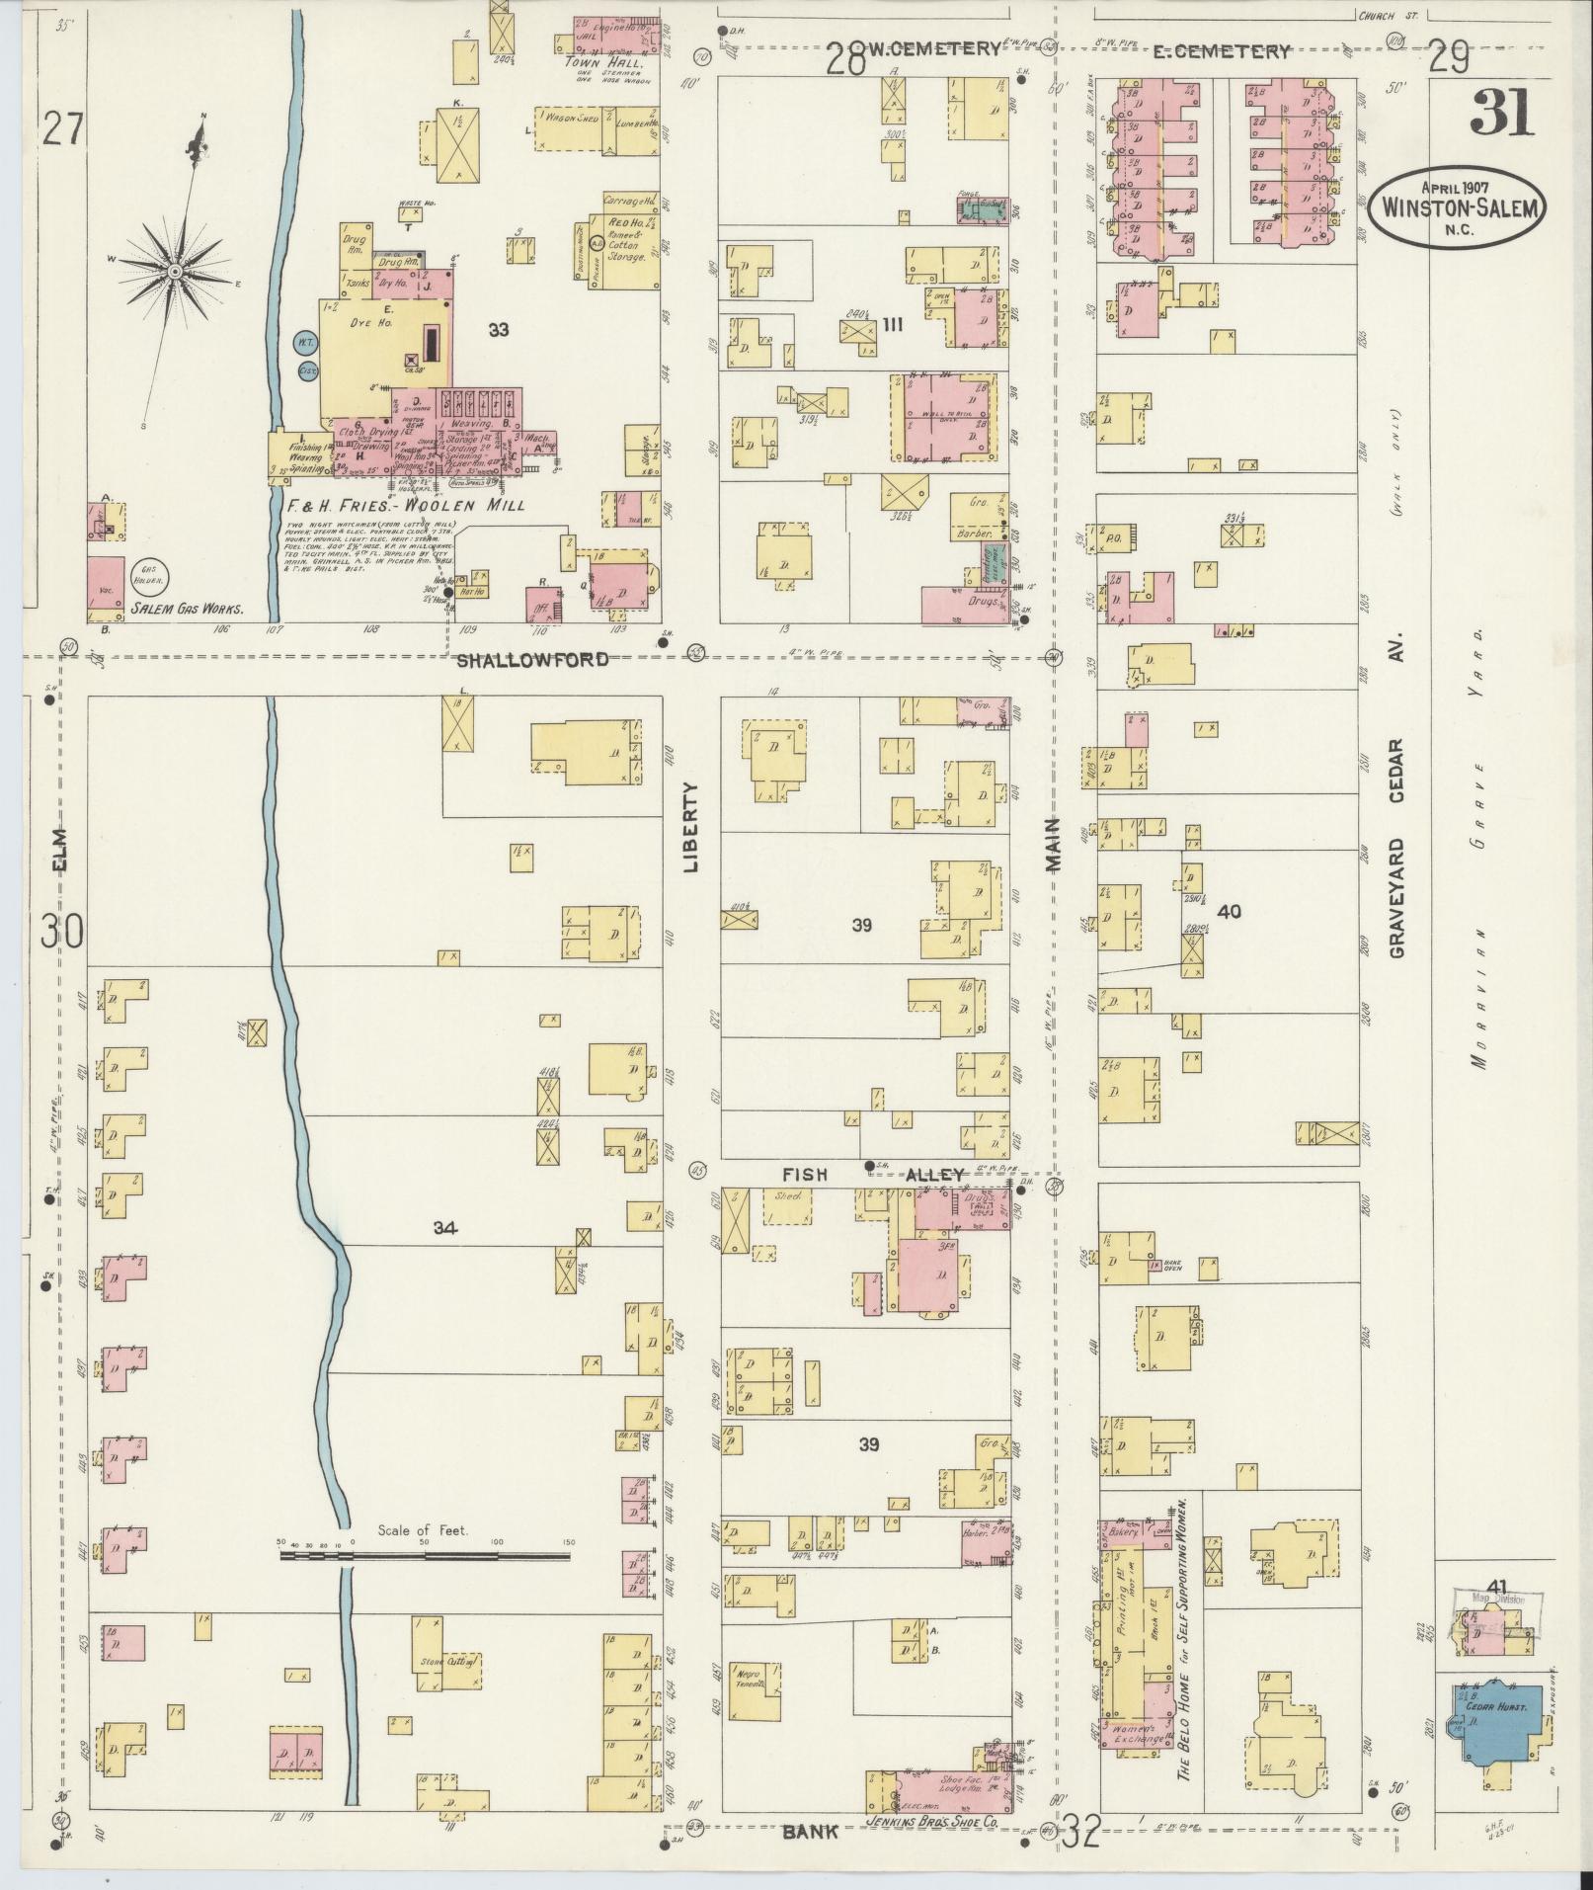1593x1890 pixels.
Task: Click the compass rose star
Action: click(x=174, y=271)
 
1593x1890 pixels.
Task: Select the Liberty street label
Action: click(x=690, y=827)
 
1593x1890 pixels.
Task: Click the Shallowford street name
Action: click(x=532, y=660)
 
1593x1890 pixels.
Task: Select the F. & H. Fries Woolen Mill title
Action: click(x=405, y=505)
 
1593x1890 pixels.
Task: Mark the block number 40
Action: click(x=1229, y=911)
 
